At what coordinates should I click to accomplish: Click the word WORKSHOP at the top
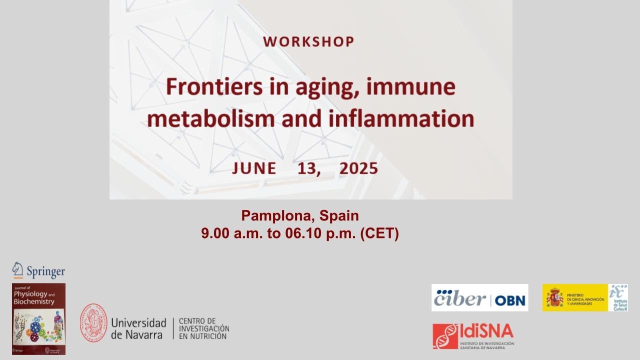[308, 42]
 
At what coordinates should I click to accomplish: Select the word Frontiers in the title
[207, 87]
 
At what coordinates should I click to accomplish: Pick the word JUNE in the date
[254, 168]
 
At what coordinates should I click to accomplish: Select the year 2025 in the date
[358, 168]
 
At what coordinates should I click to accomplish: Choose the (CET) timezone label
[379, 233]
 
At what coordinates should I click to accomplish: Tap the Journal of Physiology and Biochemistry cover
[38, 319]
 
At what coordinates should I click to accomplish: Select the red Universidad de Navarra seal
[93, 322]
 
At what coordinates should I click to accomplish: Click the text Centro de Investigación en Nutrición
[204, 328]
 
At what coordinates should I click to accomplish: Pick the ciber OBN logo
[479, 298]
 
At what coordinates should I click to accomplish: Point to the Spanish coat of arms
[554, 297]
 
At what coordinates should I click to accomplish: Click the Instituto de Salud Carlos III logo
[618, 297]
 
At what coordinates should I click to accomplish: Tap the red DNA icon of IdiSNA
[445, 336]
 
